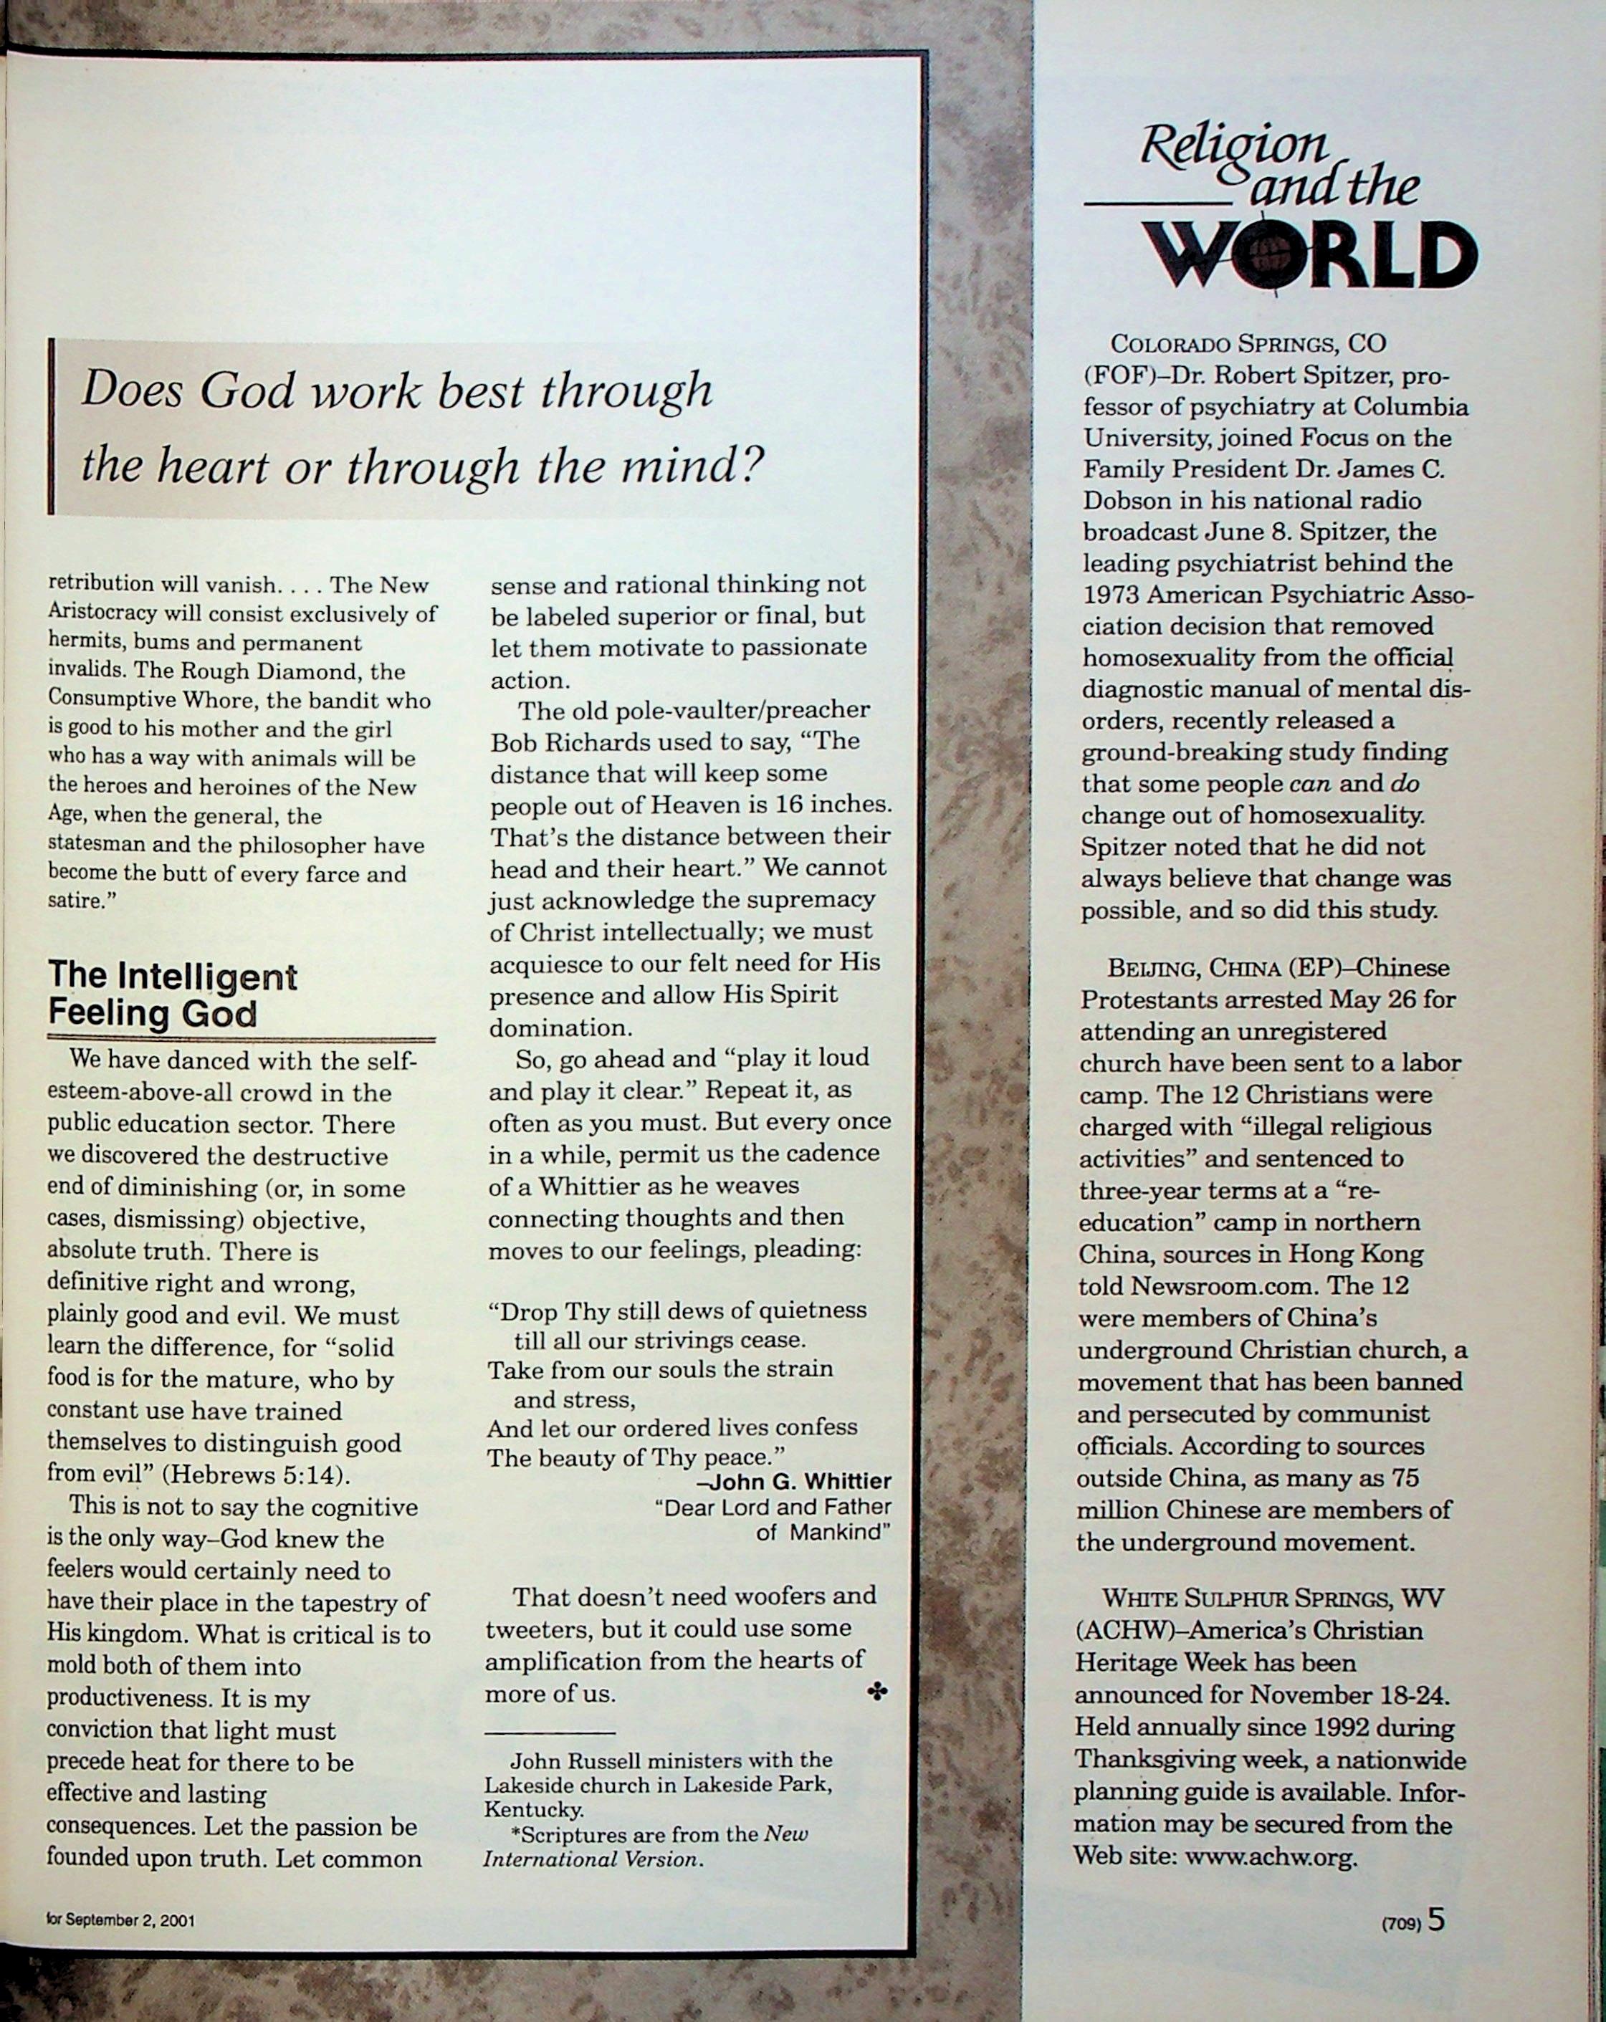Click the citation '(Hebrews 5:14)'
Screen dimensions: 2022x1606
(x=256, y=1475)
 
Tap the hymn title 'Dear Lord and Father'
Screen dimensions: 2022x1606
(x=772, y=1507)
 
